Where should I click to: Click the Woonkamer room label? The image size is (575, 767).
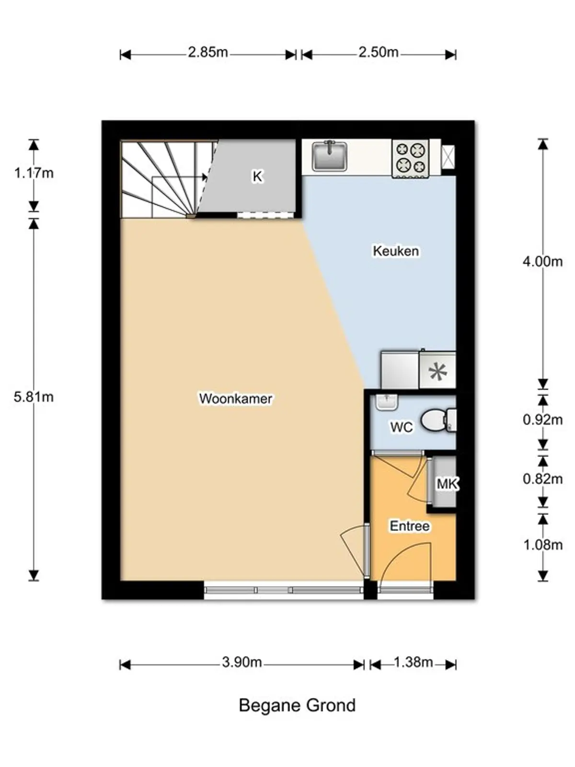(x=236, y=399)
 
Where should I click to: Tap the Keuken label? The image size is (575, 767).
(x=396, y=251)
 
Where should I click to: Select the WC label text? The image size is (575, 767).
(x=402, y=427)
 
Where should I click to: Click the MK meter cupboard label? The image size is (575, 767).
(x=447, y=484)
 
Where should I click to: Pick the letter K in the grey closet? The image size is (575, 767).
(x=257, y=176)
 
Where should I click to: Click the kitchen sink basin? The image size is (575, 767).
(x=329, y=156)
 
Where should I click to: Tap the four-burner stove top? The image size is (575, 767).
(x=411, y=158)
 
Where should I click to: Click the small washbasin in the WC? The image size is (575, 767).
(x=387, y=402)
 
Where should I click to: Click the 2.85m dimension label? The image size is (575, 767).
(x=208, y=52)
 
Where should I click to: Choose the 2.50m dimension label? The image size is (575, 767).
(x=379, y=52)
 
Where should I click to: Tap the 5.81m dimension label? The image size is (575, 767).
(x=34, y=397)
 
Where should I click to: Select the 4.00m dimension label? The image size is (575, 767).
(x=542, y=261)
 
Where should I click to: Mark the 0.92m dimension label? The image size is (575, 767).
(x=542, y=419)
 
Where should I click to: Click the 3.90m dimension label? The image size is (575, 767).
(x=242, y=662)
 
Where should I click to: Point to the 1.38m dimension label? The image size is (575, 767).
(x=414, y=662)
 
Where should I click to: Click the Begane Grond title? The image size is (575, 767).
(x=297, y=706)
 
